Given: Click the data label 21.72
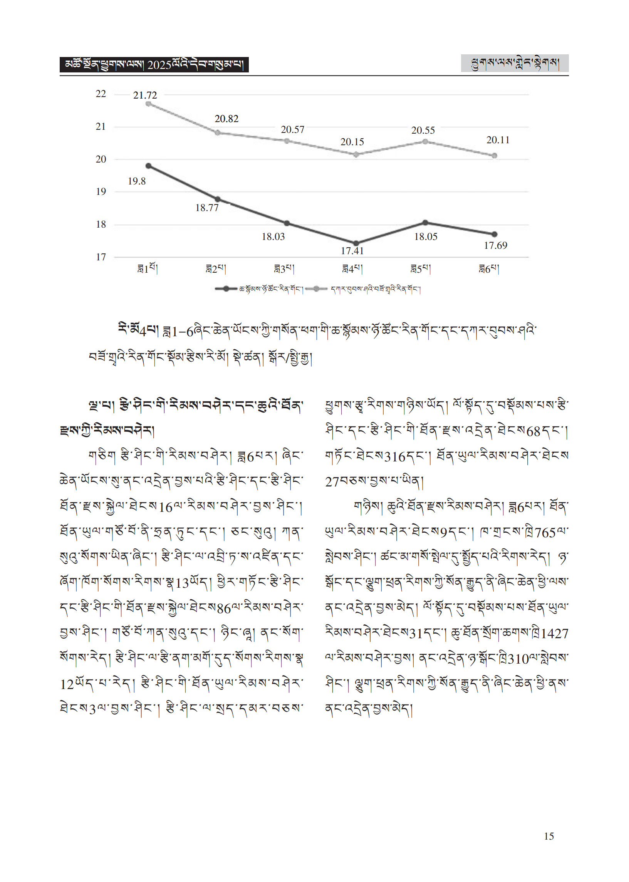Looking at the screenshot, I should (x=145, y=95).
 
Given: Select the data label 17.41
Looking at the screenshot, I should (x=352, y=251).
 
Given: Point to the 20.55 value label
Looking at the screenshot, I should (x=423, y=131).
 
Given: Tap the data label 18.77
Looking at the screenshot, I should (x=207, y=208).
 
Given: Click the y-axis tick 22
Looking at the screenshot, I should (x=101, y=94).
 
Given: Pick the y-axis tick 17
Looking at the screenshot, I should (x=101, y=257).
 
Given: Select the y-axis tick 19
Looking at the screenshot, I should (x=101, y=192).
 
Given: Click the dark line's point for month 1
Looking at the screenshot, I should (x=149, y=166).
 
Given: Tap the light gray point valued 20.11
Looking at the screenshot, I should (x=494, y=156).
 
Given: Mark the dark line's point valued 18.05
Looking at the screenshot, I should (x=425, y=223).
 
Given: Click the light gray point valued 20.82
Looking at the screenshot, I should (x=218, y=133).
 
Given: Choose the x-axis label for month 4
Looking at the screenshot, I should (x=352, y=269).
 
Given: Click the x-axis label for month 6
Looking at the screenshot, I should (x=489, y=269).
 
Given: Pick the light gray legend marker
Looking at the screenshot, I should (x=317, y=288).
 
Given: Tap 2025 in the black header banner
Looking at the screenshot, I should (x=159, y=65).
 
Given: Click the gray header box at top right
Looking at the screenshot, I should (x=514, y=64).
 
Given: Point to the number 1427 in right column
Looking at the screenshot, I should (x=555, y=634).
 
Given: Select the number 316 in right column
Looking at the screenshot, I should (x=395, y=457).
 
